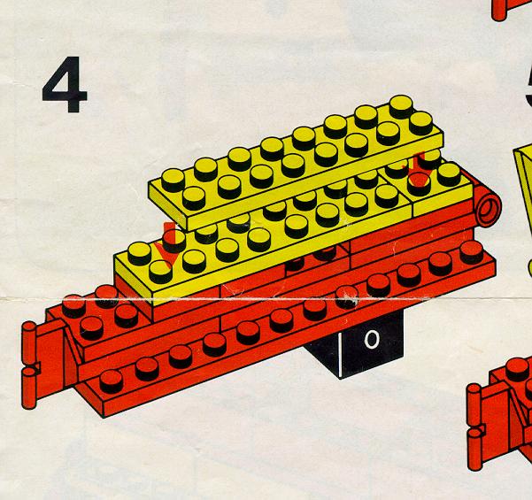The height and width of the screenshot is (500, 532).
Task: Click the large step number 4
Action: point(65,84)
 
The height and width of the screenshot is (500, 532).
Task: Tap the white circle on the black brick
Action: point(372,339)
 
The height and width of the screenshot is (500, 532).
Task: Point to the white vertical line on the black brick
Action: point(339,355)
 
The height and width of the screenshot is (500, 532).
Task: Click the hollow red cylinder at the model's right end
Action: point(489,206)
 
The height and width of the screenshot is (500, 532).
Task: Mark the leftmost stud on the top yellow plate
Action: point(173,180)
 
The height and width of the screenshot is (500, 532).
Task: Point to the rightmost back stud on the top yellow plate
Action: point(401,106)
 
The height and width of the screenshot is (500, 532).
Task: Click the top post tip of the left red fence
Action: point(29,326)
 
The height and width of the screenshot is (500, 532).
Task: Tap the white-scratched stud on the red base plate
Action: point(346,297)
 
